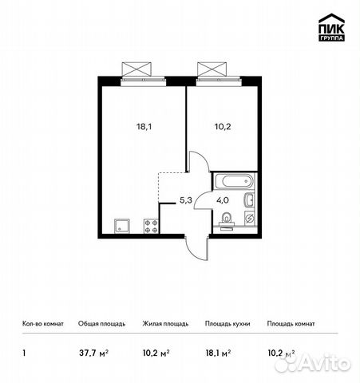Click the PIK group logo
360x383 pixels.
pyautogui.click(x=331, y=27)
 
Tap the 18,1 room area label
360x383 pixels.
pyautogui.click(x=144, y=127)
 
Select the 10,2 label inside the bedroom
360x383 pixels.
pyautogui.click(x=223, y=127)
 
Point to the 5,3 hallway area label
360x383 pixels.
pyautogui.click(x=186, y=200)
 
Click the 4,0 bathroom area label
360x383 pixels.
pyautogui.click(x=223, y=200)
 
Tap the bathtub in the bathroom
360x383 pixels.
pyautogui.click(x=235, y=181)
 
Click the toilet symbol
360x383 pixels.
pyautogui.click(x=227, y=221)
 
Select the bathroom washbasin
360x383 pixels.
pyautogui.click(x=250, y=199)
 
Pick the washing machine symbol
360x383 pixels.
pyautogui.click(x=250, y=219)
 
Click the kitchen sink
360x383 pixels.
pyautogui.click(x=122, y=226)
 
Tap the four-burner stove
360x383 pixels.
pyautogui.click(x=151, y=226)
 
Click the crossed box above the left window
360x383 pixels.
pyautogui.click(x=136, y=69)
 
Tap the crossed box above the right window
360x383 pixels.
pyautogui.click(x=212, y=69)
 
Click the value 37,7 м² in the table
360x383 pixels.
pyautogui.click(x=93, y=353)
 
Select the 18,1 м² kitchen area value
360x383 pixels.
pyautogui.click(x=218, y=353)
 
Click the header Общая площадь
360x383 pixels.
pyautogui.click(x=101, y=324)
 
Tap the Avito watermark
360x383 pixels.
pyautogui.click(x=313, y=362)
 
